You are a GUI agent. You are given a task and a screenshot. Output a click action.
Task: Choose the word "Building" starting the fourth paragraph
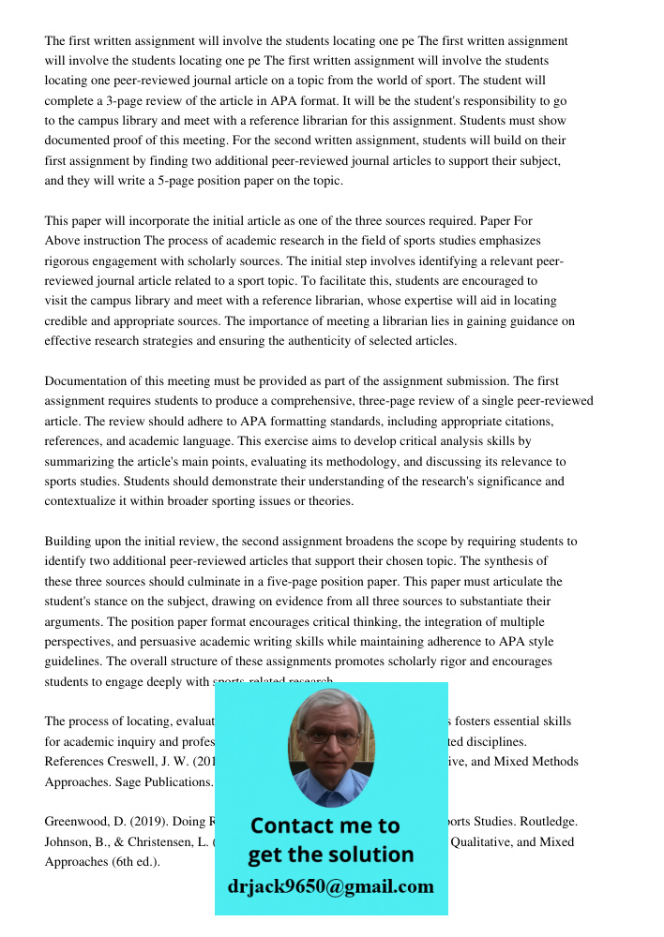coord(68,542)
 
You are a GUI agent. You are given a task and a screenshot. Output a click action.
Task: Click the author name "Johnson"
coord(68,841)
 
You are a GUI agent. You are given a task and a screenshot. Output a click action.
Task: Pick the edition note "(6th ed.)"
coord(135,862)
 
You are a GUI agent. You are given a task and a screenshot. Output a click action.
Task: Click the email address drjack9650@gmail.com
coord(330,886)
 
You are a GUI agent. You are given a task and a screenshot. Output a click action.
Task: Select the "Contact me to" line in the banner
coord(324,825)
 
